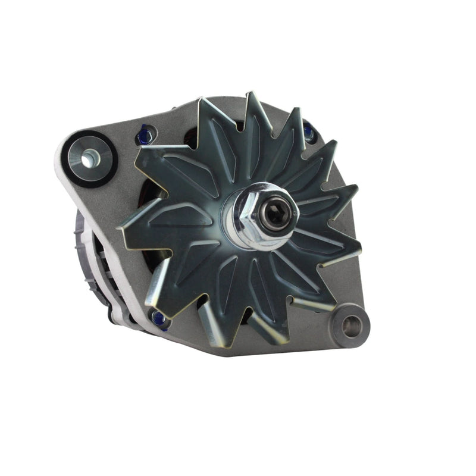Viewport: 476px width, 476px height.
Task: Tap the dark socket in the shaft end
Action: click(x=278, y=215)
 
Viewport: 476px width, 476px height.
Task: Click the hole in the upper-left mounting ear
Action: click(x=90, y=158)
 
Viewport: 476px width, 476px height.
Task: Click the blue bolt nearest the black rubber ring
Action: click(x=144, y=136)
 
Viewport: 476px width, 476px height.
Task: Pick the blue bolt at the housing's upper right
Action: click(x=308, y=131)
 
